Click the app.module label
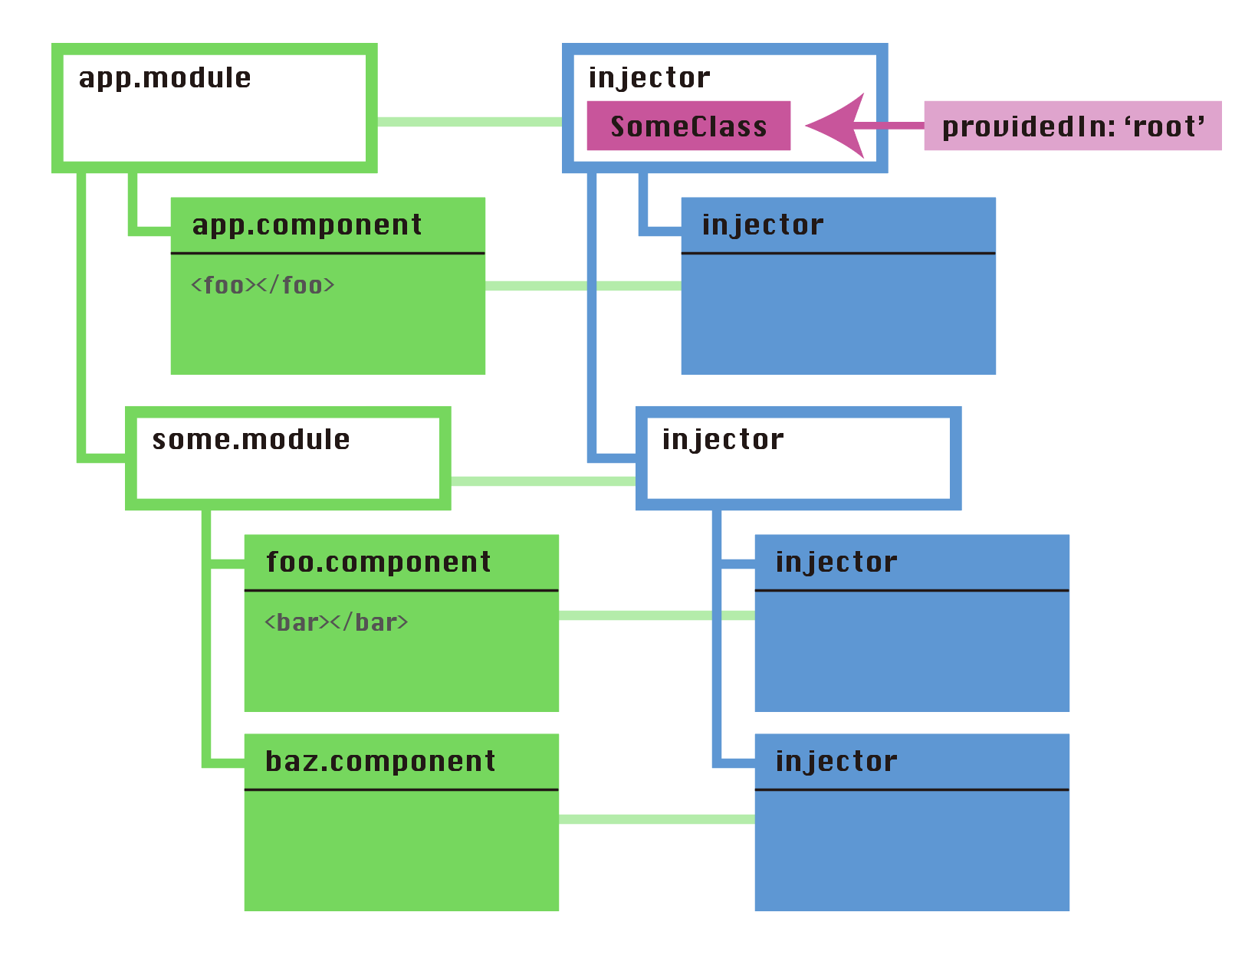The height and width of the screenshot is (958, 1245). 165,78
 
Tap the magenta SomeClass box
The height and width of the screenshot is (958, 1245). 688,126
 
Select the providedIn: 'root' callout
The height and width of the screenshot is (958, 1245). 1072,126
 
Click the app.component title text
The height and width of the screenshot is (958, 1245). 307,225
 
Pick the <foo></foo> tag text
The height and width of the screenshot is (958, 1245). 263,286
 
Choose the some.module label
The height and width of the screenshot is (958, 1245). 251,440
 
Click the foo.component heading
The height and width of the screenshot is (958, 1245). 378,563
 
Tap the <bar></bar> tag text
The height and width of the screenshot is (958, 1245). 336,623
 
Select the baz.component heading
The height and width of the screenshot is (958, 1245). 380,762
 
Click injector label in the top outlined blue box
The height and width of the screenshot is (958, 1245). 649,78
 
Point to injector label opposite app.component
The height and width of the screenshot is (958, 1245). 763,225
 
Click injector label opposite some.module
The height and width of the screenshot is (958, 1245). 723,440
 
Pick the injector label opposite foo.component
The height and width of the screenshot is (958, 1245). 836,563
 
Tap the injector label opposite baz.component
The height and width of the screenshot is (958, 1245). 836,762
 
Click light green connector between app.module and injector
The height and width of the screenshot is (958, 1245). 469,122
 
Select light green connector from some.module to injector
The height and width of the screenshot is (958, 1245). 543,481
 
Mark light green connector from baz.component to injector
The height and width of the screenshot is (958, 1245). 656,819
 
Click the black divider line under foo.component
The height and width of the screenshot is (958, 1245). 401,590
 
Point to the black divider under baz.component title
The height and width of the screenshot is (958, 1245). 401,789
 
